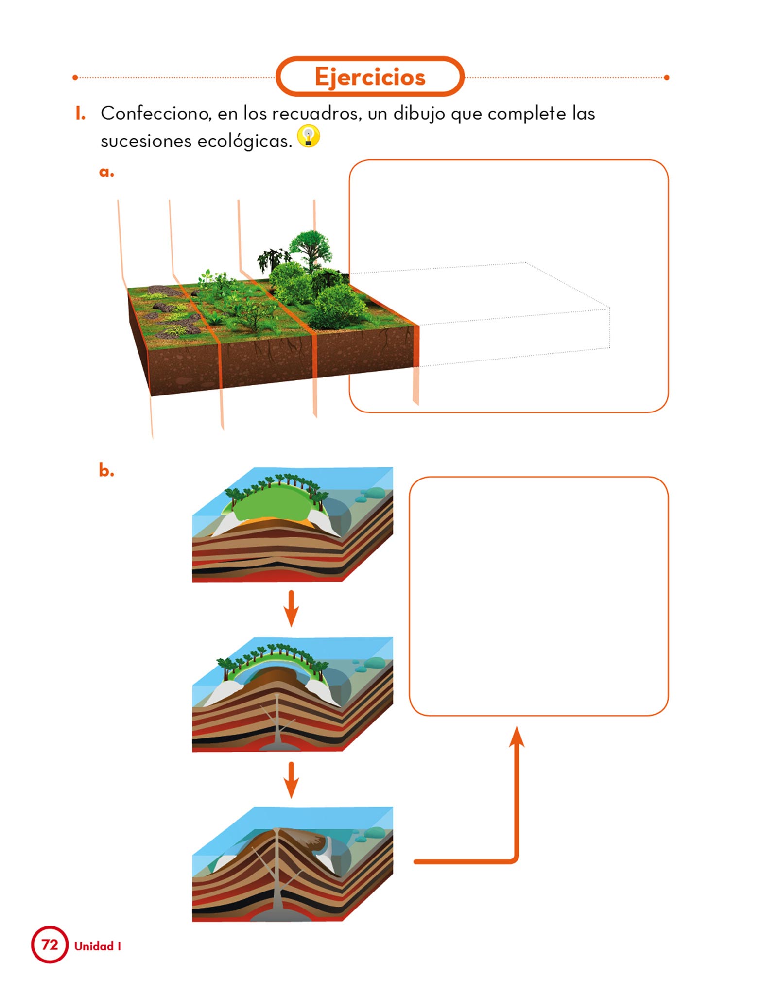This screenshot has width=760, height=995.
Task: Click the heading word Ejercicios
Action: (370, 77)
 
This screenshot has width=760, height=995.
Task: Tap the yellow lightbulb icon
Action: (309, 136)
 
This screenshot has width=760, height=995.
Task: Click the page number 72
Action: (50, 944)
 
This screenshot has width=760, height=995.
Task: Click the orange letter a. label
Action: (106, 172)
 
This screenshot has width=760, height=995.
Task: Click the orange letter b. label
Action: (106, 470)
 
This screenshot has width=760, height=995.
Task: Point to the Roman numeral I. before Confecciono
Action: (81, 114)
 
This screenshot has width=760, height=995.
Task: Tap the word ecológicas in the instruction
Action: (244, 141)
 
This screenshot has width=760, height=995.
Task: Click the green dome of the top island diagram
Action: (272, 505)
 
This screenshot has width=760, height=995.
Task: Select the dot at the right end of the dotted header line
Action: (666, 78)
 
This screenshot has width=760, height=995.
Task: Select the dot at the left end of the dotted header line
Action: (75, 78)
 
